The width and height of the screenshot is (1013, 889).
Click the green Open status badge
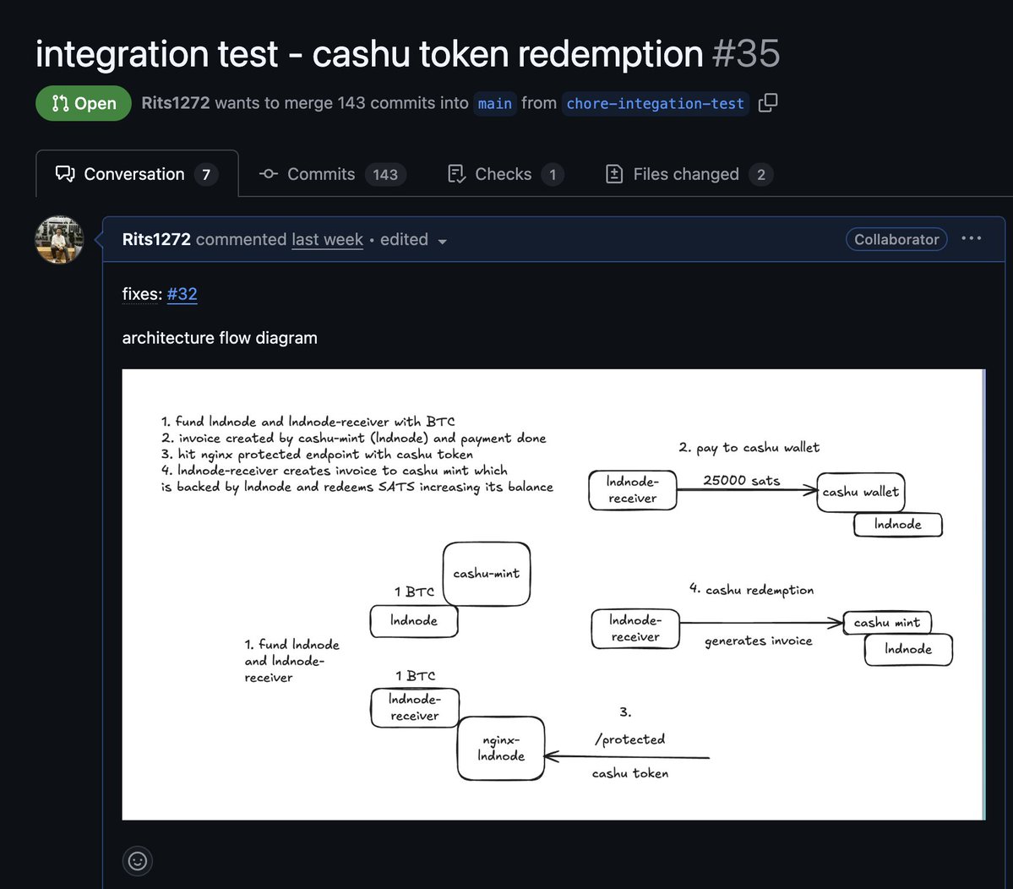click(x=84, y=103)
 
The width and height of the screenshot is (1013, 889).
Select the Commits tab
click(x=332, y=174)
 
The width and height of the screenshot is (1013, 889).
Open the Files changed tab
click(x=689, y=174)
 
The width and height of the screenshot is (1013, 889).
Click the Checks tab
click(x=504, y=174)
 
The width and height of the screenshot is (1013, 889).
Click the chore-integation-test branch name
click(x=655, y=103)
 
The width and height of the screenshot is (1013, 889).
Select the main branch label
click(x=494, y=103)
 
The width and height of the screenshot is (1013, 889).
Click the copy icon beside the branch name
click(x=768, y=103)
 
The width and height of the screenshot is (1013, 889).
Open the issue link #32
click(x=182, y=294)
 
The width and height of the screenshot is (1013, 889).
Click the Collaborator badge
click(x=896, y=239)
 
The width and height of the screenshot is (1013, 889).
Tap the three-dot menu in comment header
click(x=972, y=238)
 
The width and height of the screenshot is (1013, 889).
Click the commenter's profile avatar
click(x=59, y=239)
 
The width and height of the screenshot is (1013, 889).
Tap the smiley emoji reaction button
click(x=138, y=860)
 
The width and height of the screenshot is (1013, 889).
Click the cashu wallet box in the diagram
click(x=861, y=492)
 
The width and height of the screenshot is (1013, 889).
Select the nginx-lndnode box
click(x=501, y=749)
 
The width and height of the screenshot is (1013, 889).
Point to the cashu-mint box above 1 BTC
click(x=487, y=574)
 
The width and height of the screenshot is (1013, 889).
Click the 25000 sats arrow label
click(x=742, y=480)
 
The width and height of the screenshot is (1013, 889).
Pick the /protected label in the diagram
click(x=630, y=739)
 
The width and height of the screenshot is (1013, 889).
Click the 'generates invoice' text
click(x=759, y=641)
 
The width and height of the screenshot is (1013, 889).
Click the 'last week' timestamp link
click(x=327, y=239)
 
